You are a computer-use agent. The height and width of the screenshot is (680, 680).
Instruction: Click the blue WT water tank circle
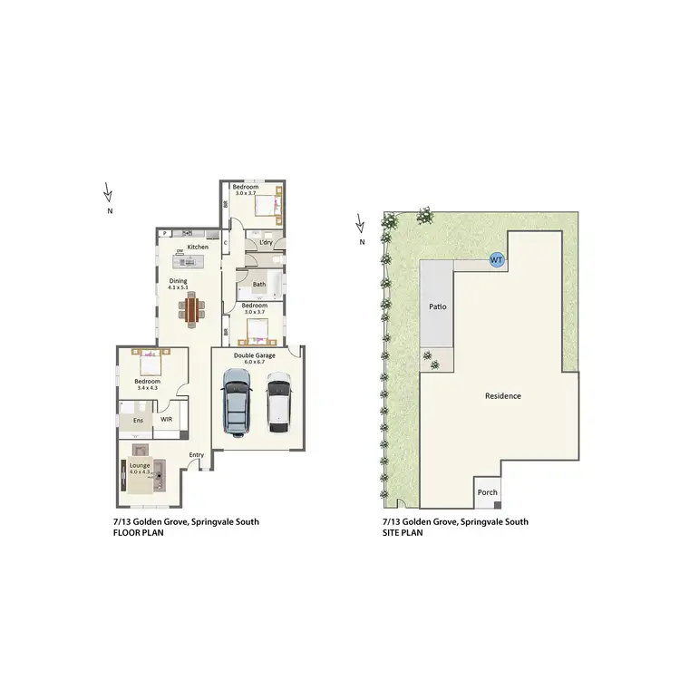pos(496,260)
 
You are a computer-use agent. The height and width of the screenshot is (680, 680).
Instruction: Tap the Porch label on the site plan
pos(488,493)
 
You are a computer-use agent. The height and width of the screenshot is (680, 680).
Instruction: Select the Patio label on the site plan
pos(437,307)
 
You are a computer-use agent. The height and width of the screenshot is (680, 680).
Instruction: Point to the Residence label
pos(502,396)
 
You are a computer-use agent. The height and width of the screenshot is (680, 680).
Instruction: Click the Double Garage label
pos(254,355)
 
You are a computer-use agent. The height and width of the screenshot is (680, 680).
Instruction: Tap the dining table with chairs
pos(192,310)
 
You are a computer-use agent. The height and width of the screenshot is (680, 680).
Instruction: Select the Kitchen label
pos(198,248)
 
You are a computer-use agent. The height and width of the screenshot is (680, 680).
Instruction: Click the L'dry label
pos(267,243)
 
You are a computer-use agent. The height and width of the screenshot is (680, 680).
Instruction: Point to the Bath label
pos(259,285)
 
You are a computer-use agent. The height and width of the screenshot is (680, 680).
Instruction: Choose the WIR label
pos(167,421)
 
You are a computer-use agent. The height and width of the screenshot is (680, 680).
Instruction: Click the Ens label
pos(138,422)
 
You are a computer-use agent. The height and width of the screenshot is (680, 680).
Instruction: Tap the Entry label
pos(196,455)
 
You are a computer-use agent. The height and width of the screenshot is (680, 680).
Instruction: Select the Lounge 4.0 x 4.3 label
pos(140,469)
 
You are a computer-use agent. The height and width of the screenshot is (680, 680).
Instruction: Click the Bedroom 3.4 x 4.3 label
pos(147,385)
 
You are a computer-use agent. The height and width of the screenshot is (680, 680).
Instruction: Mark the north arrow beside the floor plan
pos(108,193)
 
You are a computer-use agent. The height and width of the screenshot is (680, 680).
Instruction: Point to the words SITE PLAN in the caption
pos(403,533)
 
